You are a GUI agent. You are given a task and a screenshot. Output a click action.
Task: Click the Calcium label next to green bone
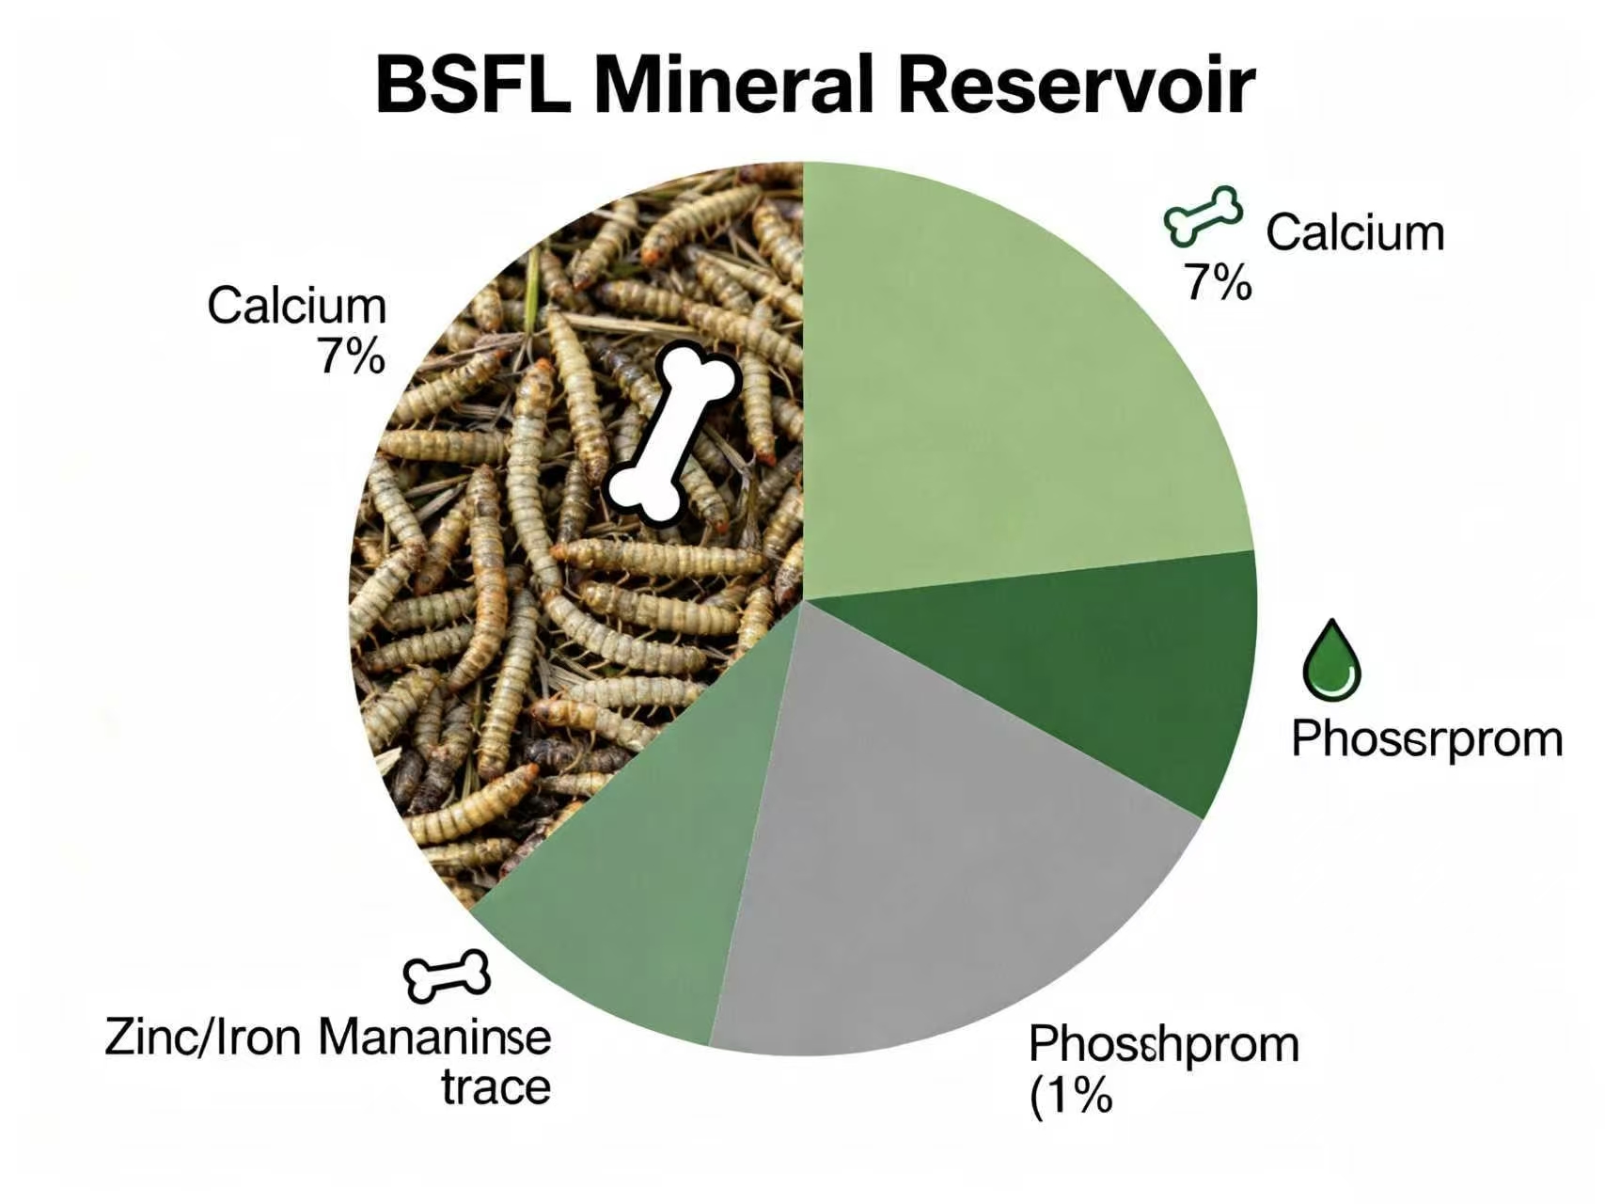coord(1354,232)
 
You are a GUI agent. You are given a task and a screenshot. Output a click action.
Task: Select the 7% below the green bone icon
coord(1218,281)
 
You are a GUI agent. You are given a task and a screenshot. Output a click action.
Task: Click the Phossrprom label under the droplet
coord(1426,739)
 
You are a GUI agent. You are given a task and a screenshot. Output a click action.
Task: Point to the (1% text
coord(1071,1095)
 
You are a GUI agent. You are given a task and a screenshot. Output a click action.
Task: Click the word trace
coord(496,1087)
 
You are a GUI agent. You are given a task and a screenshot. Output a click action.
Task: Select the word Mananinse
coord(434,1038)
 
